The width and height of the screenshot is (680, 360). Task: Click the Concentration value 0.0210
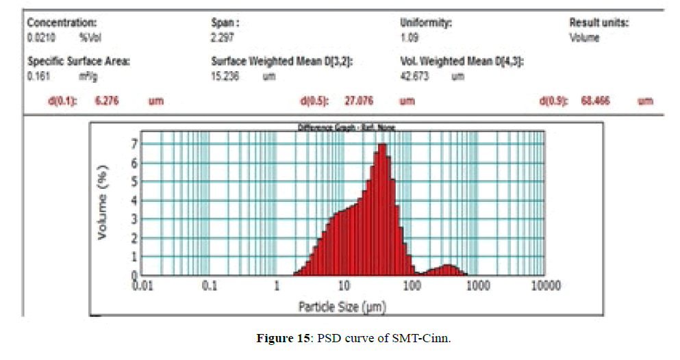point(39,38)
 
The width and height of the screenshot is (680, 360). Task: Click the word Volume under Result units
point(584,38)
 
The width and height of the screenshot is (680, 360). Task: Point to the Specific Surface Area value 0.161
point(37,77)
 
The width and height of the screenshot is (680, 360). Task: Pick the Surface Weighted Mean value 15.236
point(225,77)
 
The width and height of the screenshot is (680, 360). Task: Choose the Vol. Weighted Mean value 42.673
point(414,77)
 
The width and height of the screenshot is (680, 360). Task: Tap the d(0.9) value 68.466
point(595,101)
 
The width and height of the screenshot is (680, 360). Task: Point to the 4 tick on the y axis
point(135,201)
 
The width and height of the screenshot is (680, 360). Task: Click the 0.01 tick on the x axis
point(142,285)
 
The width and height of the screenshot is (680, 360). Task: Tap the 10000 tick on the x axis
point(544,285)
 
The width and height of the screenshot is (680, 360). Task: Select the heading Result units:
point(599,23)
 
